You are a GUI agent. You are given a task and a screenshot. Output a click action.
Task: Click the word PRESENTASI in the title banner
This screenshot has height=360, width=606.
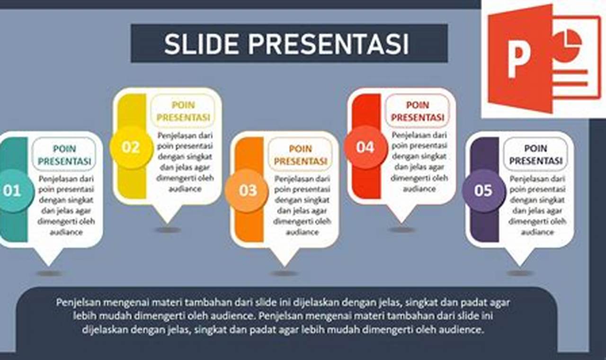(x=328, y=44)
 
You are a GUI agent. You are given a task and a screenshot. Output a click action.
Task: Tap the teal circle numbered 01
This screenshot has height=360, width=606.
(x=13, y=190)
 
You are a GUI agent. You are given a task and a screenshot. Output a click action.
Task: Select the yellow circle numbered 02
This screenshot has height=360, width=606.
(x=131, y=147)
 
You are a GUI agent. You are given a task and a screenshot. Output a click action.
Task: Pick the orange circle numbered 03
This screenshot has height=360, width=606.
(x=247, y=190)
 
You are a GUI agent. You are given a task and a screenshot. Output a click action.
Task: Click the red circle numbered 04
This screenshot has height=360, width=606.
(x=365, y=147)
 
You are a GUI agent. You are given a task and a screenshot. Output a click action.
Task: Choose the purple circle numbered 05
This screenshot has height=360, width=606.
(x=483, y=190)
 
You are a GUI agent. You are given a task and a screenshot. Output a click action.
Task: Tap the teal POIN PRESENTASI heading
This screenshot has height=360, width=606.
(x=64, y=155)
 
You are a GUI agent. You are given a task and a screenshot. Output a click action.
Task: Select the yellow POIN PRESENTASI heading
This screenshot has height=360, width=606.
(x=183, y=111)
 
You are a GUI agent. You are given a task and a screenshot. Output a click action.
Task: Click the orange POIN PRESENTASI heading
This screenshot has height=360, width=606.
(x=301, y=155)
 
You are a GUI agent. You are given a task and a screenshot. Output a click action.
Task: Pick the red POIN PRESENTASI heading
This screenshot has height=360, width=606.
(x=418, y=111)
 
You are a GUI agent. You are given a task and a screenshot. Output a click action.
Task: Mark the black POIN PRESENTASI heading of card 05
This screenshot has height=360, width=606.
(x=536, y=154)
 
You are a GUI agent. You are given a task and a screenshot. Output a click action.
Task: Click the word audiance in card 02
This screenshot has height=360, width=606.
(x=185, y=189)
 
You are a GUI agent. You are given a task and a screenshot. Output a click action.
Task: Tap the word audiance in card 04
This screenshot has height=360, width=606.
(x=419, y=189)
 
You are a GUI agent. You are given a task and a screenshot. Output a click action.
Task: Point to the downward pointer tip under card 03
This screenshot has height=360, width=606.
(x=285, y=266)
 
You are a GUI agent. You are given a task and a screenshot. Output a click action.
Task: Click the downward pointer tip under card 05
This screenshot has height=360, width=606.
(x=519, y=266)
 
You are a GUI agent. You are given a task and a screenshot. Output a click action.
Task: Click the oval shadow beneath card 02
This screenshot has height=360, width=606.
(x=168, y=230)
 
